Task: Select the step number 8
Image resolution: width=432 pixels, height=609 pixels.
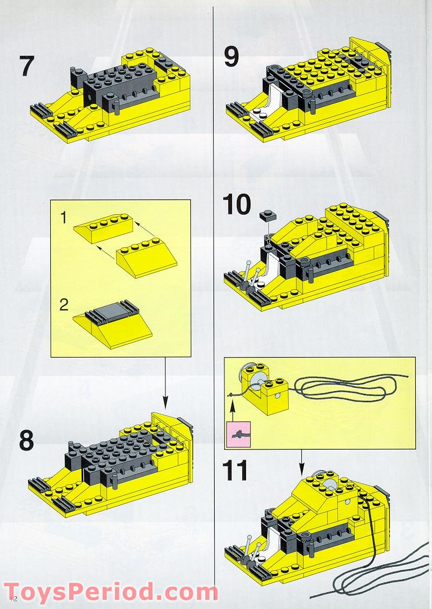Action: coord(26,441)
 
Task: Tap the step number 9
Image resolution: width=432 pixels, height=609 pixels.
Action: coord(231,57)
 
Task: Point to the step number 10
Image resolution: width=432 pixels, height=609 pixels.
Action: coord(237,204)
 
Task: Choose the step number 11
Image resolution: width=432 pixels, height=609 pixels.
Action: coord(236,470)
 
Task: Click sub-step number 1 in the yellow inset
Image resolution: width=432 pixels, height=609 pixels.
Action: coord(63,218)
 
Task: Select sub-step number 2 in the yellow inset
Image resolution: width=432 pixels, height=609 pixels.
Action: coord(64,304)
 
